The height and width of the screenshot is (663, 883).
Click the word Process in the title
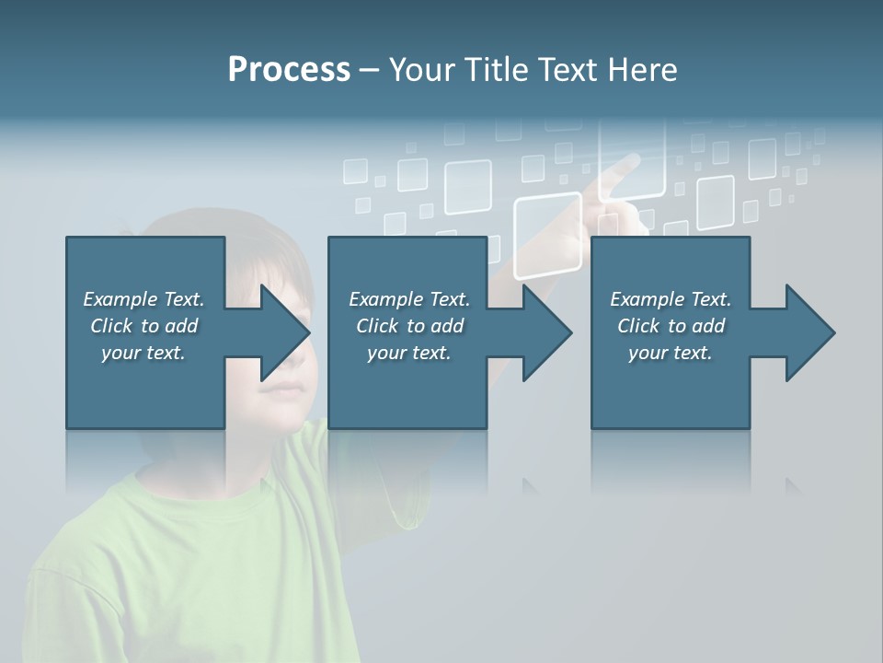pyautogui.click(x=289, y=70)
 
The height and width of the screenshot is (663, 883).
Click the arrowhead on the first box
pyautogui.click(x=284, y=332)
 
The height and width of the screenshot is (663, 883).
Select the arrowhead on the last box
pyautogui.click(x=809, y=332)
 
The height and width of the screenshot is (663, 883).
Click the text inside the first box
pyautogui.click(x=144, y=326)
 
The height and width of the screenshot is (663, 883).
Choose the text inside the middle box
pyautogui.click(x=408, y=326)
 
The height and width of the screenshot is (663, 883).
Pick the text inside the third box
pyautogui.click(x=671, y=326)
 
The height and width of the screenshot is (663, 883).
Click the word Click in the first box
pyautogui.click(x=111, y=326)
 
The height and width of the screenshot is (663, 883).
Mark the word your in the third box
pyautogui.click(x=648, y=353)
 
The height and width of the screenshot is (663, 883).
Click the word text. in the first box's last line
pyautogui.click(x=166, y=353)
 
